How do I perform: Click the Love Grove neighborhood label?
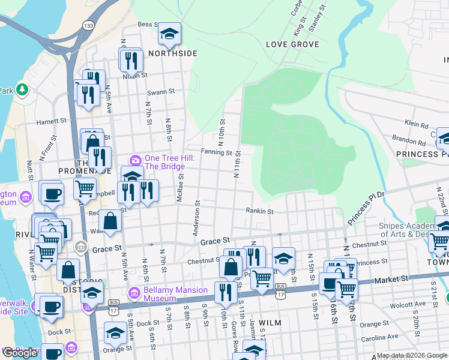292,44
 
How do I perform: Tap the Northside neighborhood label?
173,53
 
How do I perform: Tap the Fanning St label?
216,152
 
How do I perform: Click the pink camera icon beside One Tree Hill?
136,160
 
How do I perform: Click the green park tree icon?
23,90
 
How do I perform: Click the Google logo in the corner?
20,352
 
